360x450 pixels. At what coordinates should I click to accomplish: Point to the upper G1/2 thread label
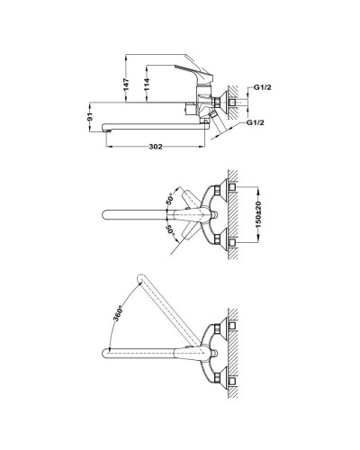click(262, 87)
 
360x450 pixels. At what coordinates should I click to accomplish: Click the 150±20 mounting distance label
click(259, 212)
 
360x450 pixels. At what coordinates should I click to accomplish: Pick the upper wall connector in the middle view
click(232, 188)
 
